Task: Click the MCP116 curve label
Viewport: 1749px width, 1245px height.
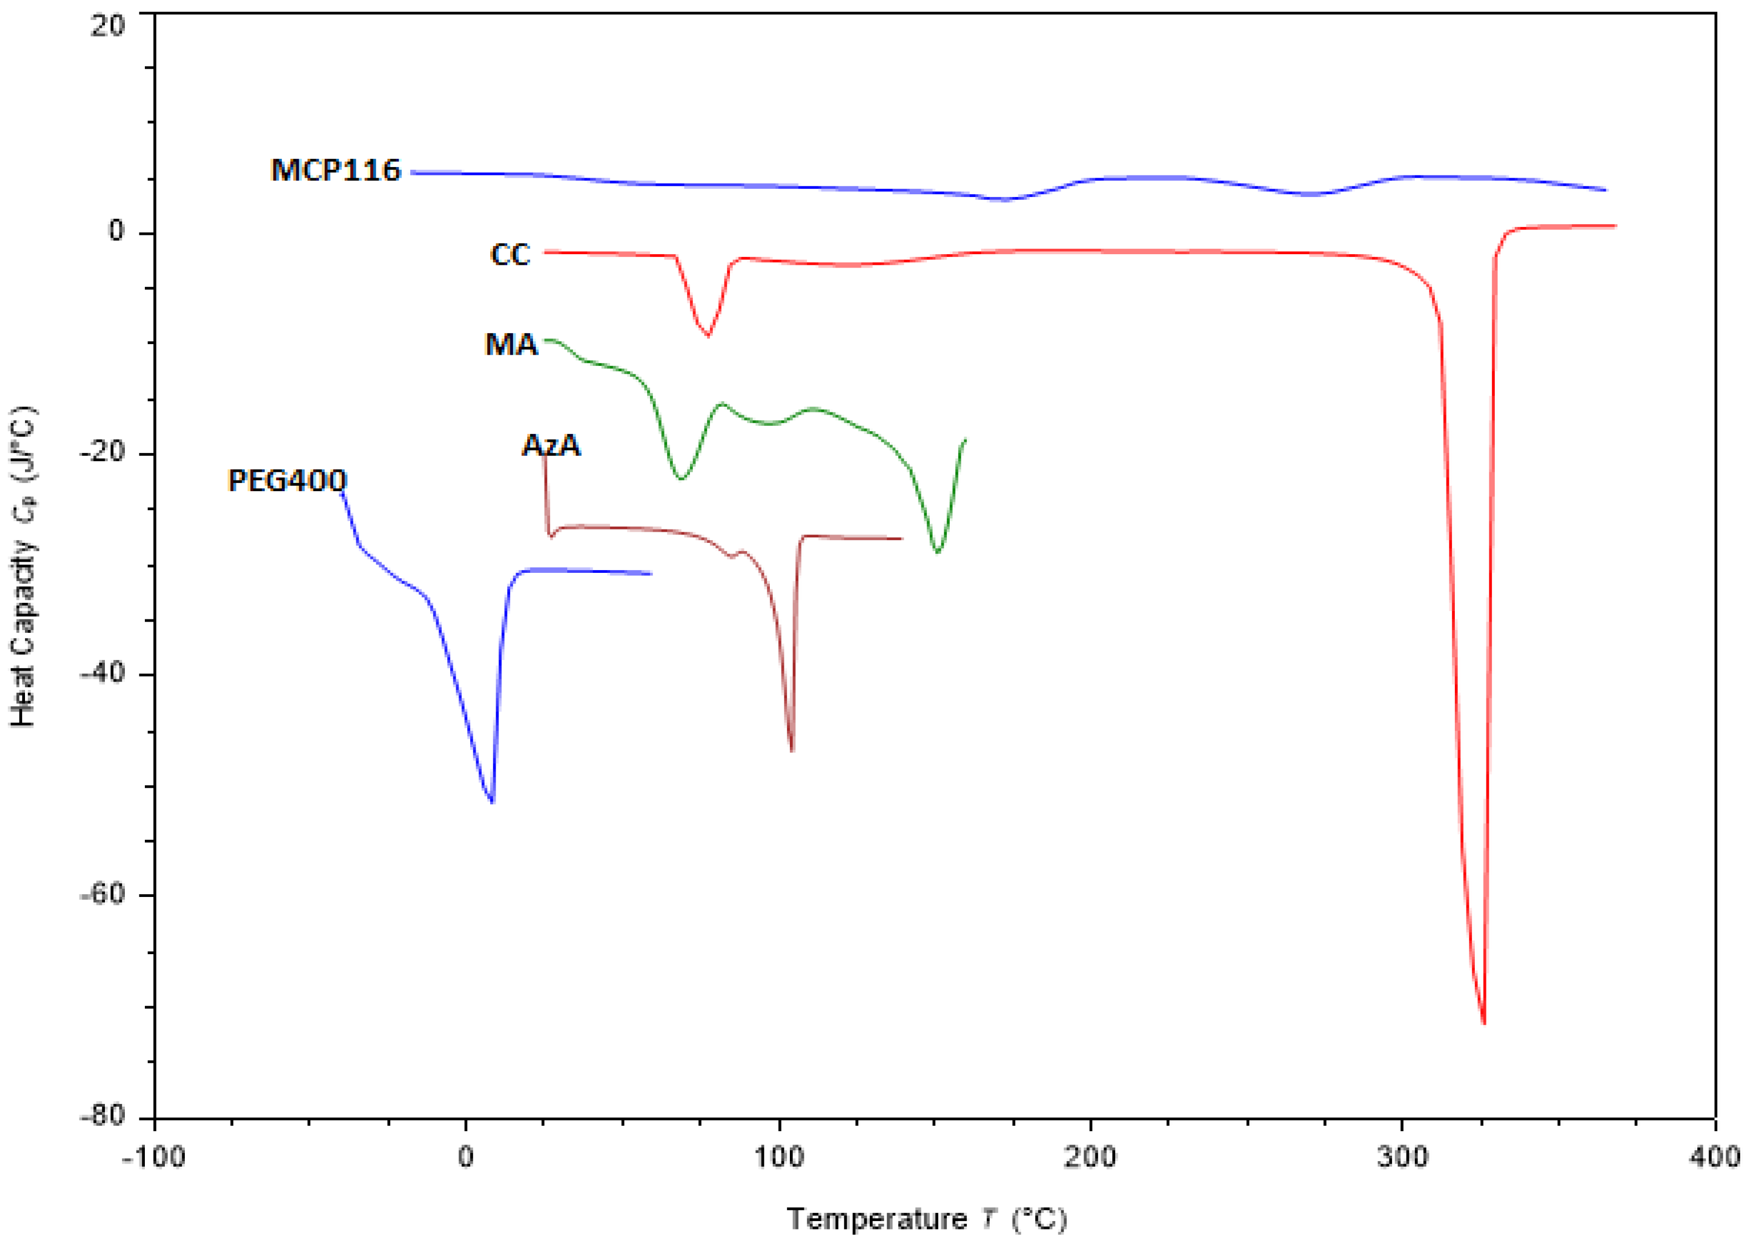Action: (336, 170)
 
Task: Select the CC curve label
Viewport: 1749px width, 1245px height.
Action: (510, 255)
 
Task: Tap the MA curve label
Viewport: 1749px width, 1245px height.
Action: (511, 345)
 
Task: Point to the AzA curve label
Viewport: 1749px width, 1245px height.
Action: (551, 445)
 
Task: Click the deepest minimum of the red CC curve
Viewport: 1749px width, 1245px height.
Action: (1484, 1022)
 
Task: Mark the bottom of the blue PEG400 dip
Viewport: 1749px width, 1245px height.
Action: (492, 801)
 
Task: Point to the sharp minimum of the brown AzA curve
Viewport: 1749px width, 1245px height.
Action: (792, 750)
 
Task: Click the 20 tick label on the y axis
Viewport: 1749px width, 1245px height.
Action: (107, 26)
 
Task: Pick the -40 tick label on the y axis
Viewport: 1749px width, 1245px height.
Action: (102, 674)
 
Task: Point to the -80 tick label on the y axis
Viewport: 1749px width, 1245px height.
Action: (102, 1116)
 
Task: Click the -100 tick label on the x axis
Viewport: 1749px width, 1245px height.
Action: (153, 1157)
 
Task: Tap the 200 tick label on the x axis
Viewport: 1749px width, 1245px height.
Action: (1089, 1157)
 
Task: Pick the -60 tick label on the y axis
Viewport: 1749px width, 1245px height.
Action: (102, 895)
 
